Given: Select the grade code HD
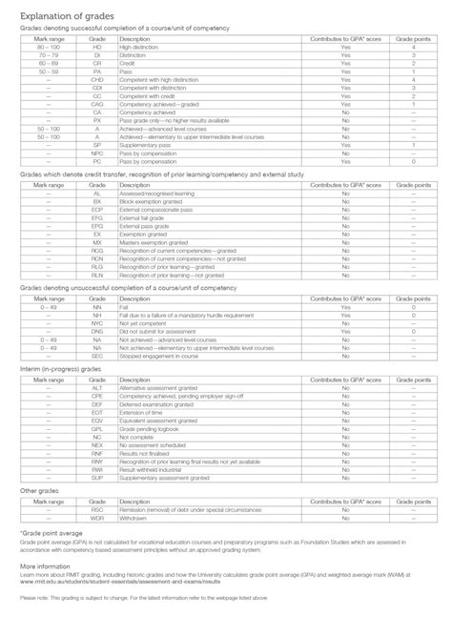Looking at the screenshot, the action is (x=97, y=46).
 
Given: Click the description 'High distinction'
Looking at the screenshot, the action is (x=139, y=46).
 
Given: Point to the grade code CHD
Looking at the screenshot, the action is (x=97, y=80).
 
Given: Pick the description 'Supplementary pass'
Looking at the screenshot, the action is (x=142, y=146).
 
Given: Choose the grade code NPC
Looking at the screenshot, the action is (x=97, y=154).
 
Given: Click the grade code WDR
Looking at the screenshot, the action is (x=97, y=520).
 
